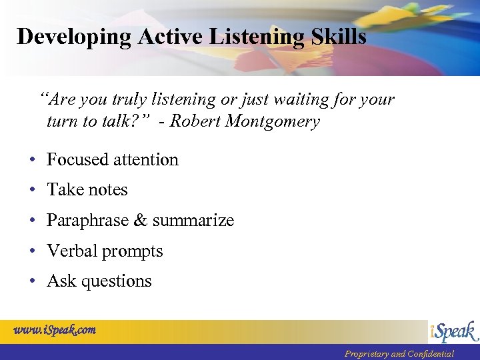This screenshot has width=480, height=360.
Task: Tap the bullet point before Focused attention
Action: pos(32,160)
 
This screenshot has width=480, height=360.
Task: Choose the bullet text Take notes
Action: pos(87,190)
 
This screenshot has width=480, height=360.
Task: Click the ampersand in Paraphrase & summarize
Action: pos(141,221)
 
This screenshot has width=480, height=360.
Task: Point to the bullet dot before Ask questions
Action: pos(32,281)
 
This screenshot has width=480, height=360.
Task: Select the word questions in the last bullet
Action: pos(117,282)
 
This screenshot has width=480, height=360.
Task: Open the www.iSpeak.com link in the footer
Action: pos(55,330)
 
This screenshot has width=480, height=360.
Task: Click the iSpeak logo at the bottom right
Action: pos(453,332)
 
